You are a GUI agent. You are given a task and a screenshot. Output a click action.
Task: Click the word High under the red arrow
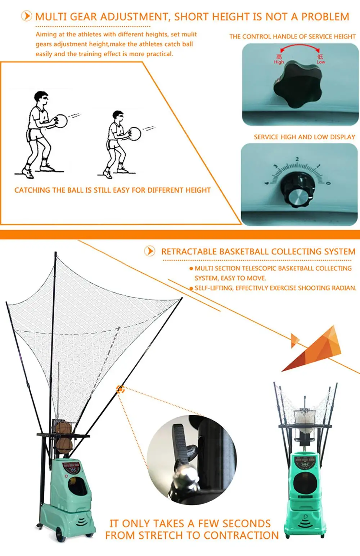pyautogui.click(x=279, y=62)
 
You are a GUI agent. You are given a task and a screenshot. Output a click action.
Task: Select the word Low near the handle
pyautogui.click(x=321, y=62)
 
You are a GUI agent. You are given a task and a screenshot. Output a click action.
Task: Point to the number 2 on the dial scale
pyautogui.click(x=297, y=159)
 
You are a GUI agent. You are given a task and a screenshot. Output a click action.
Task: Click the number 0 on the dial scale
pyautogui.click(x=328, y=183)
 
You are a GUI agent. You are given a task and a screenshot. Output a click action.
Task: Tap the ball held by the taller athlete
pyautogui.click(x=61, y=121)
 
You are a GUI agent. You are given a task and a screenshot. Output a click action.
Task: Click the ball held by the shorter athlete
pyautogui.click(x=135, y=133)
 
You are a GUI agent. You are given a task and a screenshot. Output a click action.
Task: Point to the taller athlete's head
pyautogui.click(x=41, y=98)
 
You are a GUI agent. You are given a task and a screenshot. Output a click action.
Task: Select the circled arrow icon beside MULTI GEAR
pyautogui.click(x=26, y=16)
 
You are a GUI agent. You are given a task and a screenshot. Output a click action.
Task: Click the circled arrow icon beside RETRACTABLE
pyautogui.click(x=149, y=251)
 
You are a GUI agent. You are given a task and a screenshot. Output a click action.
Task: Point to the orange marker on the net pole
pyautogui.click(x=120, y=389)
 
